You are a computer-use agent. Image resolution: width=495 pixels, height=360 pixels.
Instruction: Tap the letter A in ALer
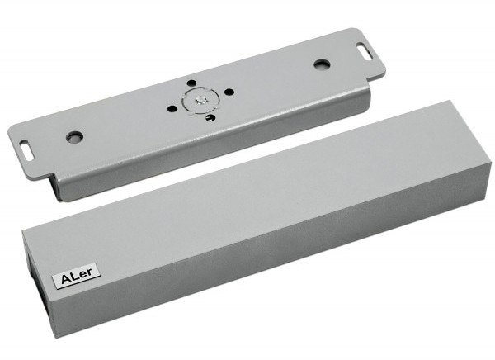pyautogui.click(x=66, y=279)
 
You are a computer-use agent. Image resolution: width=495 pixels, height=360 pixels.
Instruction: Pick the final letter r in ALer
pyautogui.click(x=90, y=272)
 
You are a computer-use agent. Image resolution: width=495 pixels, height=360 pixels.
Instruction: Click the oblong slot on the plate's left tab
pyautogui.click(x=27, y=147)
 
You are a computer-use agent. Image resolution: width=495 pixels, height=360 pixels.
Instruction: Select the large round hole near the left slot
pyautogui.click(x=75, y=136)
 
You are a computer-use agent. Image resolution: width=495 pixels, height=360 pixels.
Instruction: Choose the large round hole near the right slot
pyautogui.click(x=322, y=64)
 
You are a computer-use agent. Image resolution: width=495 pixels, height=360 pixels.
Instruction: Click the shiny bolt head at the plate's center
pyautogui.click(x=199, y=100)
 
